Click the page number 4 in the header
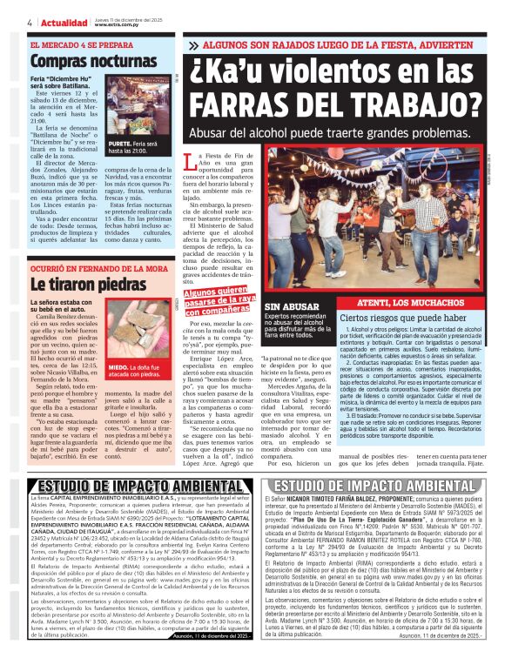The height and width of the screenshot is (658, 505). pyautogui.click(x=30, y=22)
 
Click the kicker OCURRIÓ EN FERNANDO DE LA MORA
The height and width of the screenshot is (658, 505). pyautogui.click(x=98, y=269)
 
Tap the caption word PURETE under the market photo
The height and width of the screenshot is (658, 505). pyautogui.click(x=120, y=143)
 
